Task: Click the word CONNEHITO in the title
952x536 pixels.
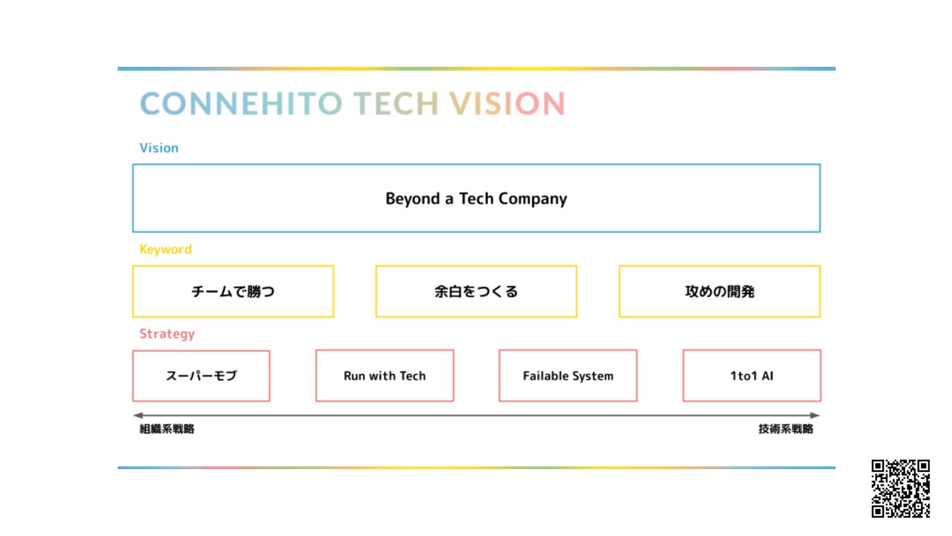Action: pyautogui.click(x=241, y=104)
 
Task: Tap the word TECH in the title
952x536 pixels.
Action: pyautogui.click(x=395, y=104)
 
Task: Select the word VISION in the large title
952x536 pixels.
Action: pyautogui.click(x=507, y=104)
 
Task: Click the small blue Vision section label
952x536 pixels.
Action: pyautogui.click(x=159, y=148)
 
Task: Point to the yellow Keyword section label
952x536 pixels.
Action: pyautogui.click(x=165, y=249)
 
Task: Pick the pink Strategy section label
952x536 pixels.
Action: pyautogui.click(x=167, y=334)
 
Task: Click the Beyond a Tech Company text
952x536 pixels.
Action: pyautogui.click(x=476, y=199)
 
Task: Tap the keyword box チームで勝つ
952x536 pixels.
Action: pyautogui.click(x=233, y=291)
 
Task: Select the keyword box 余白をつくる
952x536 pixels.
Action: pyautogui.click(x=476, y=291)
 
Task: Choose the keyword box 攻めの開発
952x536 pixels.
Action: pyautogui.click(x=719, y=291)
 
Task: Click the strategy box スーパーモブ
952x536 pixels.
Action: pyautogui.click(x=201, y=376)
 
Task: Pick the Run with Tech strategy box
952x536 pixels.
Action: pyautogui.click(x=385, y=376)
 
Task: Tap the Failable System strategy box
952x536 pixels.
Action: pyautogui.click(x=568, y=376)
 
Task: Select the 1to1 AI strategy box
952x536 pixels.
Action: pyautogui.click(x=752, y=376)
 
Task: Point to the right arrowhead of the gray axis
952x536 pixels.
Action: pyautogui.click(x=816, y=416)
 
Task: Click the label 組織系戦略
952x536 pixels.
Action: pyautogui.click(x=167, y=429)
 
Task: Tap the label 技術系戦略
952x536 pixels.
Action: pyautogui.click(x=785, y=429)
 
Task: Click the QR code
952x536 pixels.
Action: pyautogui.click(x=900, y=488)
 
